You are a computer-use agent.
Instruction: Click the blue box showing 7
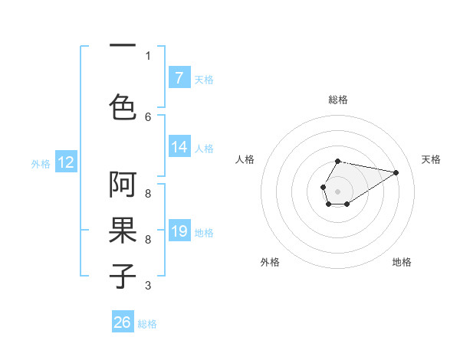coord(179,78)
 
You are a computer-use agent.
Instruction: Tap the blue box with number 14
coord(179,148)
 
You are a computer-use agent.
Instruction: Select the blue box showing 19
coord(179,231)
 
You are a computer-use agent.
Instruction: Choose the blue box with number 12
coord(65,162)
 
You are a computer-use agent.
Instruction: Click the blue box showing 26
coord(123,322)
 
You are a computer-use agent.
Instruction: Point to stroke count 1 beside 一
coord(148,55)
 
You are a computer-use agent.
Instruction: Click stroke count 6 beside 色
coord(148,116)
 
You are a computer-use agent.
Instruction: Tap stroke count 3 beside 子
coord(148,286)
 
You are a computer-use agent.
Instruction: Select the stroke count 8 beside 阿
coord(148,194)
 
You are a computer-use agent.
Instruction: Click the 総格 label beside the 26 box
coord(147,324)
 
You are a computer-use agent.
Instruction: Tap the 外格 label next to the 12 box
coord(41,163)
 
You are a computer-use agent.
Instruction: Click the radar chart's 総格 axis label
coord(338,100)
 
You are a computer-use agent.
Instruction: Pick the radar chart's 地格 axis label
coord(402,262)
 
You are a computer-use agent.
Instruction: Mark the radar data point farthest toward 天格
coord(396,172)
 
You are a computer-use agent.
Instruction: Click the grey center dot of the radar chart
coord(337,190)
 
